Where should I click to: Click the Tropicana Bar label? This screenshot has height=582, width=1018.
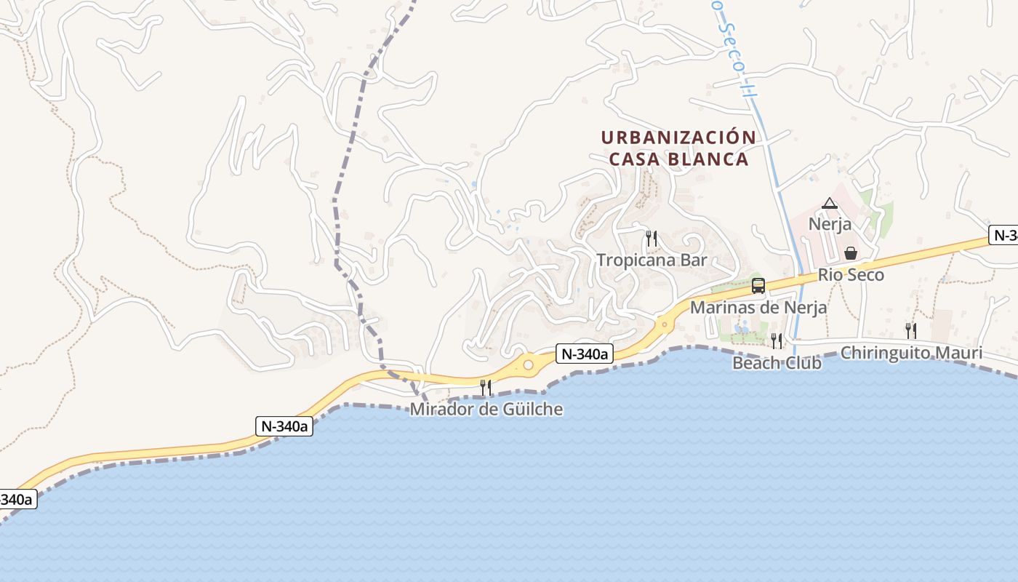[652, 260]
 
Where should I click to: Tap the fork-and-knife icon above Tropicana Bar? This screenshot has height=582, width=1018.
[652, 238]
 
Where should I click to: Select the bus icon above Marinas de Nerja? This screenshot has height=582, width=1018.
[758, 286]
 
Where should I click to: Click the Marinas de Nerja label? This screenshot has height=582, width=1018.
[758, 307]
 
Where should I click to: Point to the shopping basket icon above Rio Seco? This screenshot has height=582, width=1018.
[850, 253]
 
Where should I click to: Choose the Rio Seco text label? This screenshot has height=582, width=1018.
[851, 275]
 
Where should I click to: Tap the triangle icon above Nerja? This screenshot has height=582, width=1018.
[830, 203]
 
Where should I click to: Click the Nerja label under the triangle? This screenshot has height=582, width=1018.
[830, 224]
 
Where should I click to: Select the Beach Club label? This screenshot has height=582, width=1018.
[777, 362]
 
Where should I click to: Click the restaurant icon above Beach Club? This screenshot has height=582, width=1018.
[777, 340]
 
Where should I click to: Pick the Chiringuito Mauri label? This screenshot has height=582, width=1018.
[911, 354]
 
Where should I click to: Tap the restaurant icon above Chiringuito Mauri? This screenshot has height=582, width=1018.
[911, 331]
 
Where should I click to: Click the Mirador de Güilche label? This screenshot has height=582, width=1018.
[486, 409]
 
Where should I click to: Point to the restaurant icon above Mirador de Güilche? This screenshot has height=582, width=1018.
[486, 387]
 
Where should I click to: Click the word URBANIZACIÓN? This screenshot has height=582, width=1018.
[678, 137]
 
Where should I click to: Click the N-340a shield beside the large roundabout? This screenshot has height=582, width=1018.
[585, 354]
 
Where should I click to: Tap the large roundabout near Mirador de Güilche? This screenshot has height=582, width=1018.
[529, 364]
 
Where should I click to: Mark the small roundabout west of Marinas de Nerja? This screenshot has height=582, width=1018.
[663, 324]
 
